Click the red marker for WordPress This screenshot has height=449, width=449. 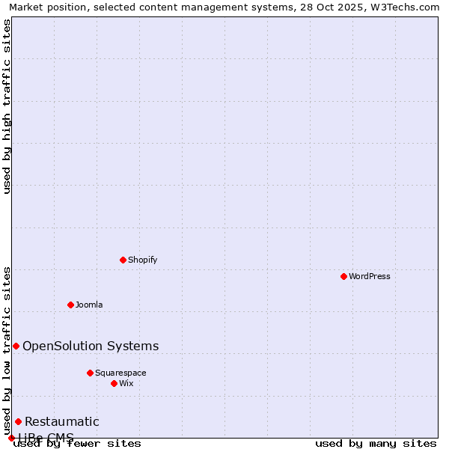[343, 276]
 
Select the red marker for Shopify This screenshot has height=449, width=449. [123, 260]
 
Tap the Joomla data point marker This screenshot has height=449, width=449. [70, 305]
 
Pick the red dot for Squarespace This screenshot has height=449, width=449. [90, 373]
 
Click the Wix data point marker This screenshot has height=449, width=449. [114, 383]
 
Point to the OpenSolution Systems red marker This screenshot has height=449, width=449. [16, 346]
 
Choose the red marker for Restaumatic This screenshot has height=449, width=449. [18, 421]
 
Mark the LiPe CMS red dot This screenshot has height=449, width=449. [11, 438]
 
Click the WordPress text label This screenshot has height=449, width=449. [370, 276]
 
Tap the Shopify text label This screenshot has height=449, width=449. [142, 260]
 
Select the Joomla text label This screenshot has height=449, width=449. [89, 305]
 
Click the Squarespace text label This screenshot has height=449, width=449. [120, 373]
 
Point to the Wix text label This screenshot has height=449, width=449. [126, 383]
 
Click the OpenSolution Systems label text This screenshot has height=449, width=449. [91, 346]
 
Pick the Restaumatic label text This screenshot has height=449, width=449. [62, 421]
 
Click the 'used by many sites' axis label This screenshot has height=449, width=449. [376, 443]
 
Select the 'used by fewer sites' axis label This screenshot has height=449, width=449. [77, 443]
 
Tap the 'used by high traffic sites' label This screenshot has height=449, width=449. [7, 106]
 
